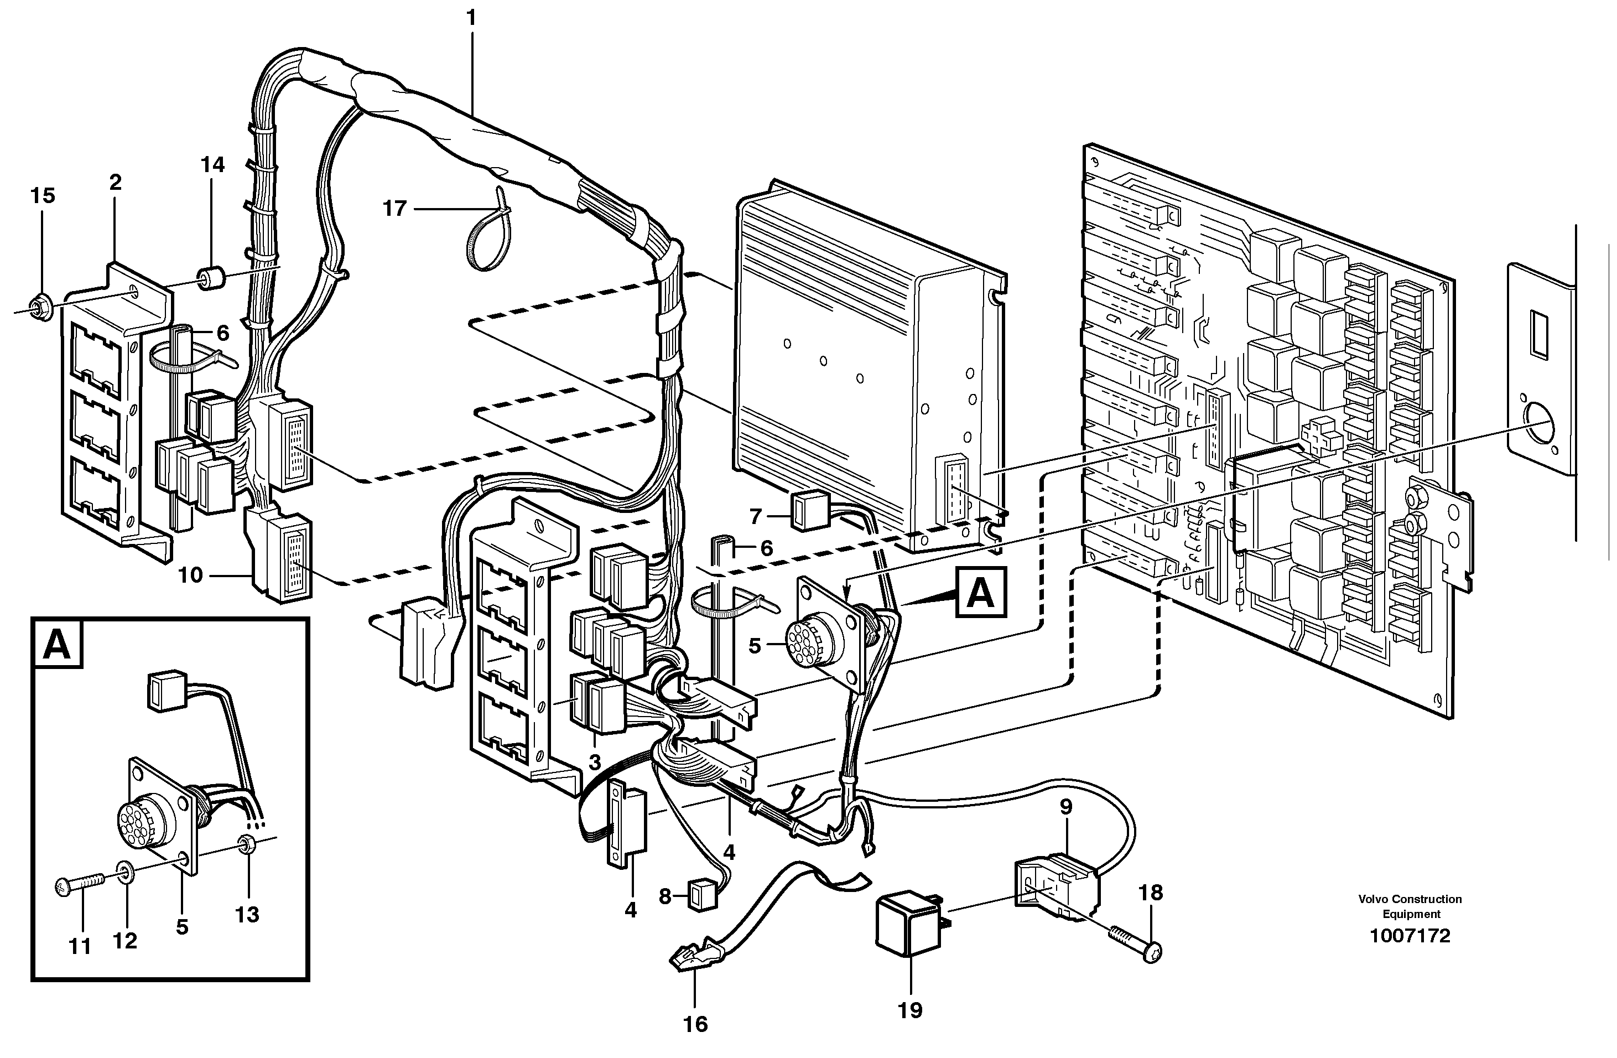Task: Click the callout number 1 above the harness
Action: (x=471, y=18)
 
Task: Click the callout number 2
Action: (x=115, y=182)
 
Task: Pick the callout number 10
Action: (x=190, y=575)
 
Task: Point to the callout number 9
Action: (x=1065, y=807)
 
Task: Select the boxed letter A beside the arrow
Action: (x=980, y=593)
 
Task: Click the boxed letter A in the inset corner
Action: (x=57, y=645)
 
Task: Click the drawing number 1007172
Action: (x=1410, y=936)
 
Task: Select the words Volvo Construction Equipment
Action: (x=1410, y=906)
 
